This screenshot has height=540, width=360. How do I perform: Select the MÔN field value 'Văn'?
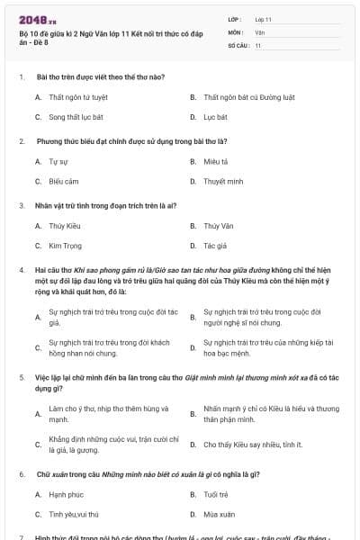point(260,31)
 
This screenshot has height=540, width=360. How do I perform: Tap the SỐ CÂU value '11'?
point(258,45)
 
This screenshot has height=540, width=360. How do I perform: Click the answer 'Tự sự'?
point(58,161)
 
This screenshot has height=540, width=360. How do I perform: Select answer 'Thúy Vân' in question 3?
point(218,225)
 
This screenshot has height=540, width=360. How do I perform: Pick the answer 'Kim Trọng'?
point(65,245)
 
